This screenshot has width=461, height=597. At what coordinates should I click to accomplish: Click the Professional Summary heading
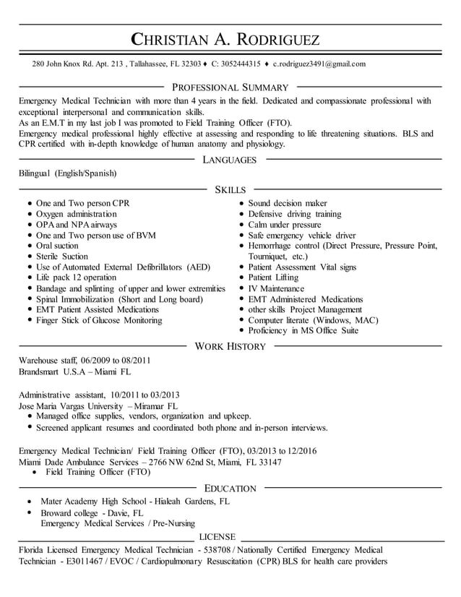[x=230, y=87]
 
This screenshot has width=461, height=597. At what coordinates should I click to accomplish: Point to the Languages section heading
[x=230, y=160]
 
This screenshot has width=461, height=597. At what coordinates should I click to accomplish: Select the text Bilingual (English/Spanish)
[x=67, y=174]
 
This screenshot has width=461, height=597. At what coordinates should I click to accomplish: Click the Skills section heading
[x=230, y=189]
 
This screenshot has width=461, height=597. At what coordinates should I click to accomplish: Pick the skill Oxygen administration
[x=76, y=215]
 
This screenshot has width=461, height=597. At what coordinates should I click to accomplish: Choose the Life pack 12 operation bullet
[x=76, y=278]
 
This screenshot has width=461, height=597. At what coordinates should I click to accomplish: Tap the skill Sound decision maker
[x=288, y=204]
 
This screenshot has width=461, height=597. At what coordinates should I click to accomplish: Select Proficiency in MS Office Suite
[x=303, y=331]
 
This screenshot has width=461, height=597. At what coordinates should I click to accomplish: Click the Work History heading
[x=230, y=347]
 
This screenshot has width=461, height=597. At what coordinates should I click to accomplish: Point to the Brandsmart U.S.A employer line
[x=74, y=371]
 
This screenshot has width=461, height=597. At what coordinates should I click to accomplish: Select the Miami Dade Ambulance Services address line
[x=150, y=462]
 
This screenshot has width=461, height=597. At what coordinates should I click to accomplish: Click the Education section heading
[x=230, y=489]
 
